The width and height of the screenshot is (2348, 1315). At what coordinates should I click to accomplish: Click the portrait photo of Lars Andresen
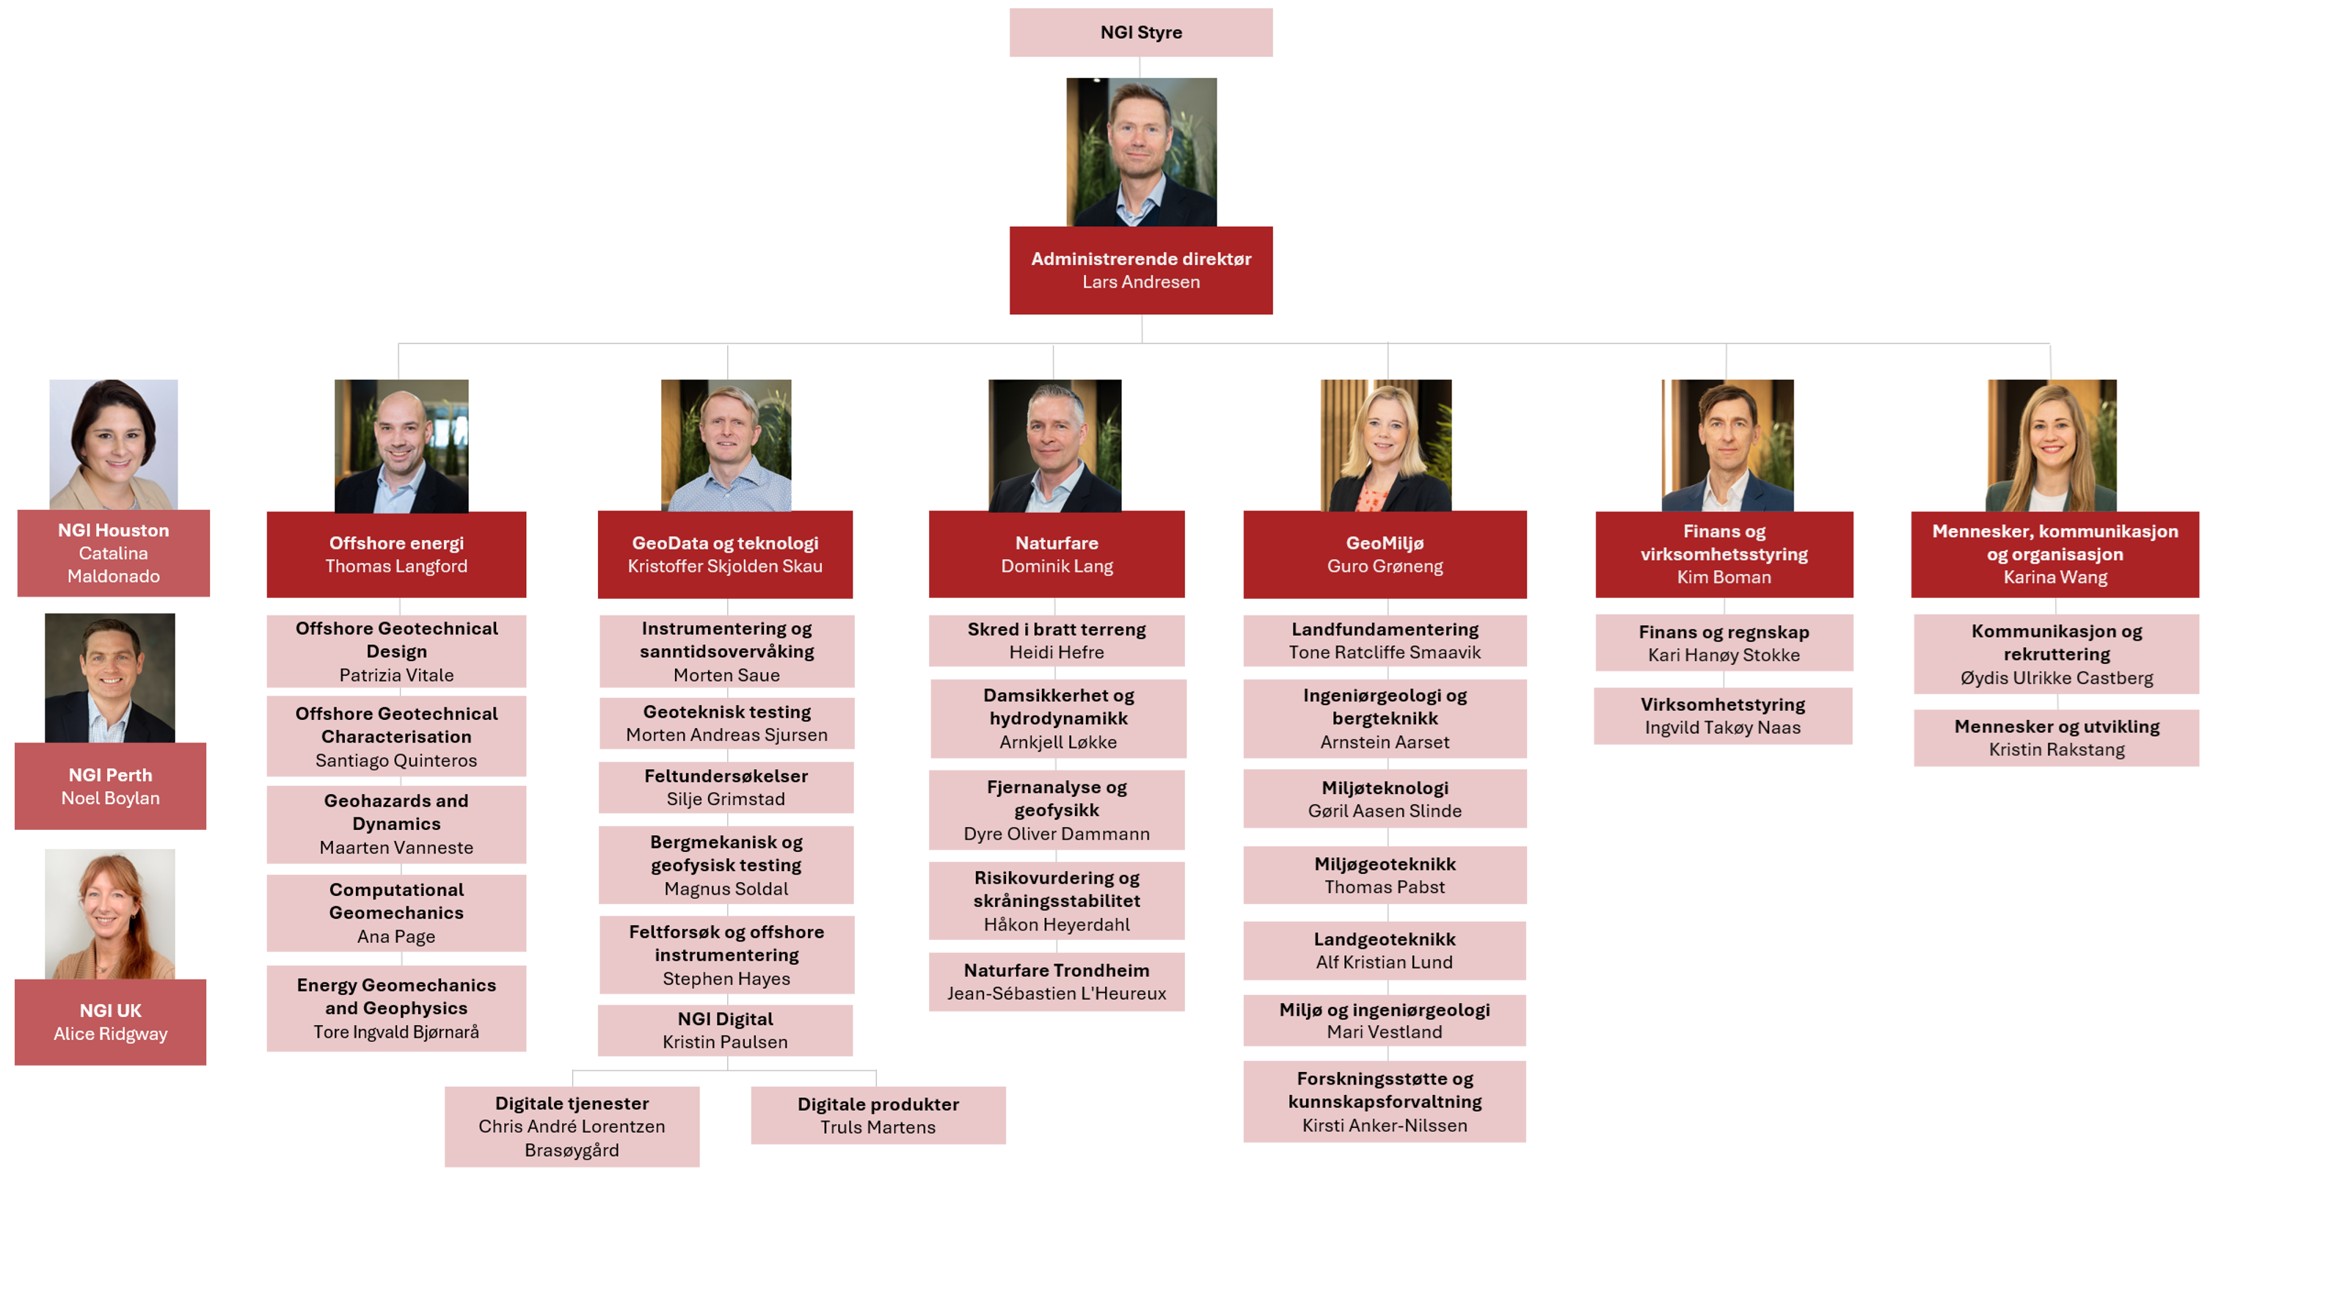point(1141,151)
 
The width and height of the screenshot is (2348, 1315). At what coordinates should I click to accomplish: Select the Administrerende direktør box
point(1140,270)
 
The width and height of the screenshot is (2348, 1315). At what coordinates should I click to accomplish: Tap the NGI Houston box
point(113,553)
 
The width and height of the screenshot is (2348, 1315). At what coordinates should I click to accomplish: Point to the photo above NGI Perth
point(110,677)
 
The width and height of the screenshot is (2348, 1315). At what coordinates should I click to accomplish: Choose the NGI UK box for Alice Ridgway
point(110,1021)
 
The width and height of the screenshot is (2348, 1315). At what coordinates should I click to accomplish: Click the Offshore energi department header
point(395,554)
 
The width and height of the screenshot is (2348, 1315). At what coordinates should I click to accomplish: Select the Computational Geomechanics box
point(395,912)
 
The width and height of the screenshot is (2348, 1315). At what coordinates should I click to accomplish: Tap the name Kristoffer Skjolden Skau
point(725,566)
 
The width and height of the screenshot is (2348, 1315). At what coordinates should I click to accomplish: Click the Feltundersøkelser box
point(726,787)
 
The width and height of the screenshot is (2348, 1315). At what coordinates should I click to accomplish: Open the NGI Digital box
point(725,1030)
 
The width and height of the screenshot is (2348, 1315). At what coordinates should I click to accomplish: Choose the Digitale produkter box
point(878,1115)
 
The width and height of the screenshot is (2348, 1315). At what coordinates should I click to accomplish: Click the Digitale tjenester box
point(572,1126)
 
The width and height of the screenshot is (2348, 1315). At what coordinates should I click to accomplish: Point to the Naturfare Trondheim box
point(1057,981)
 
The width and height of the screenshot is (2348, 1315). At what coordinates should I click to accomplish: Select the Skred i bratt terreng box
point(1057,641)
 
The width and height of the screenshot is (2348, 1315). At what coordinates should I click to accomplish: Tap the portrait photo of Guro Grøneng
point(1385,445)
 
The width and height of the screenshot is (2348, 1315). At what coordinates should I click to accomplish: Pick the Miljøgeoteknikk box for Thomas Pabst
point(1385,875)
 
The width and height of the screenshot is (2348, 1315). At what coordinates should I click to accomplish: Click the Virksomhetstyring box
point(1723,715)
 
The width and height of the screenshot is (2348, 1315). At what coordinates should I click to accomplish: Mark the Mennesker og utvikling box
point(2055,737)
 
